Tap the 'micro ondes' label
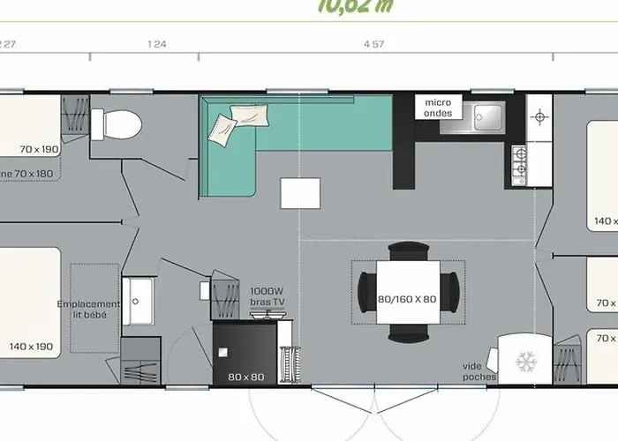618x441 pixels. [x=438, y=107]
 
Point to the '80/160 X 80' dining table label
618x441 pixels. [x=406, y=298]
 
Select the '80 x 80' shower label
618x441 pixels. [x=244, y=377]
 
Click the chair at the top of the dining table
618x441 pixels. [x=407, y=251]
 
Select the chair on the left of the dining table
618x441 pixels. [x=365, y=287]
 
